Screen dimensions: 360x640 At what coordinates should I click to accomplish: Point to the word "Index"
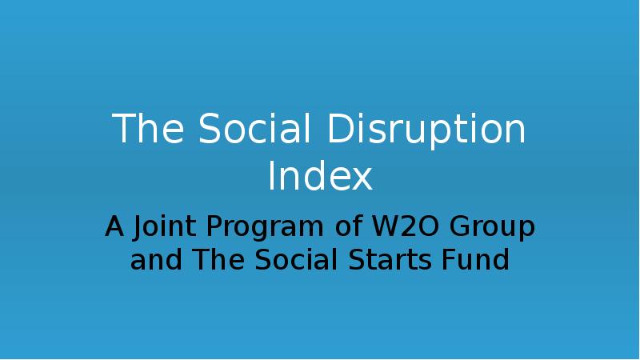(320, 177)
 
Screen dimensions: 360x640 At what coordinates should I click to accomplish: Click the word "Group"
(490, 228)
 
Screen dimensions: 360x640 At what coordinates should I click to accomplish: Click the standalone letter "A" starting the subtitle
(115, 228)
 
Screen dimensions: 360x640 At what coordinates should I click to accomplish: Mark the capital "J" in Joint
(138, 228)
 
